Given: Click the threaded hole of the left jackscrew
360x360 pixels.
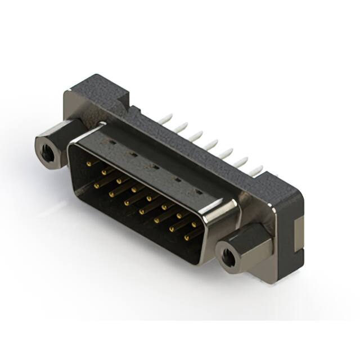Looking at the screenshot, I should click(46, 148).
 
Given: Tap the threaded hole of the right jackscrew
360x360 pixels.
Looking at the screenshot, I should click(228, 258).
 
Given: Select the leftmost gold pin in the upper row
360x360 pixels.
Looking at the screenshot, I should click(89, 163).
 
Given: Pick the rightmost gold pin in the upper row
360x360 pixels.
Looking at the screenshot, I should click(193, 224).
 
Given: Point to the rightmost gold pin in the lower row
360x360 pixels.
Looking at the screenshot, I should click(187, 237).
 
